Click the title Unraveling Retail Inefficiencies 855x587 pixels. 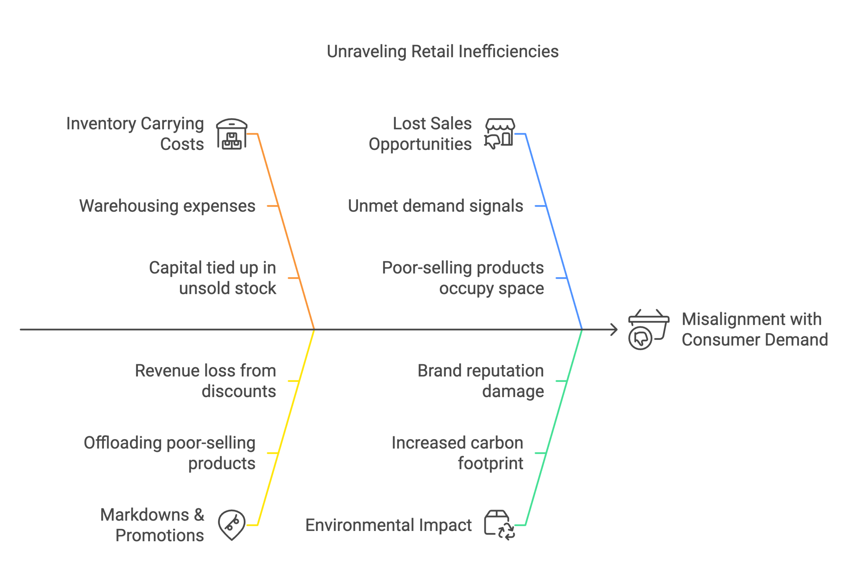(x=442, y=51)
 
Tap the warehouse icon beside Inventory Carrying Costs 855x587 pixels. (x=231, y=134)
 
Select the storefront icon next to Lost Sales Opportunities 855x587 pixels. (x=499, y=134)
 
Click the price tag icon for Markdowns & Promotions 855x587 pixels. (x=231, y=525)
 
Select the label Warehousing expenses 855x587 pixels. (x=167, y=206)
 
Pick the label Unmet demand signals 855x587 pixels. (x=435, y=206)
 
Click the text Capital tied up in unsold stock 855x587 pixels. (x=213, y=278)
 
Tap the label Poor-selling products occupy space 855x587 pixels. (x=463, y=278)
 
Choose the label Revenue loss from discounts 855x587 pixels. (x=205, y=381)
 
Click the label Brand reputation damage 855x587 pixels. (x=481, y=381)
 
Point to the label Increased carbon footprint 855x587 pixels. (x=457, y=453)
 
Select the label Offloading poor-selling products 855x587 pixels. (x=169, y=453)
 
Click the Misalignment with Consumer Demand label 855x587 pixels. (x=754, y=330)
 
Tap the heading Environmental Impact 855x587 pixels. (x=388, y=525)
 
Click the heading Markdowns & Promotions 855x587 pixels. (x=152, y=525)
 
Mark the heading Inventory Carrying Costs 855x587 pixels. (x=135, y=134)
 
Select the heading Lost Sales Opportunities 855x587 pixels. (x=420, y=134)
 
